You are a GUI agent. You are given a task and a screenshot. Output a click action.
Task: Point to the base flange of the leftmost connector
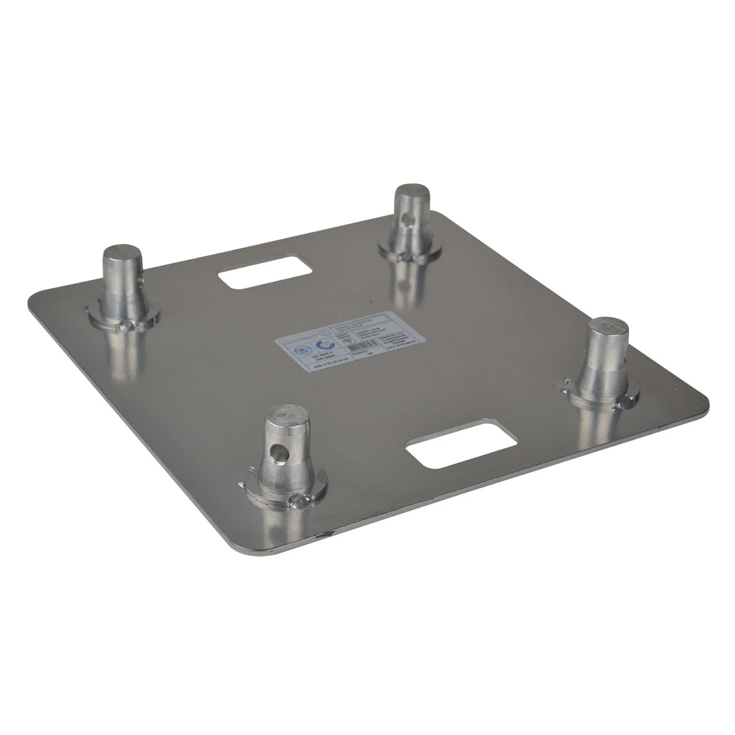[x=123, y=318]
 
